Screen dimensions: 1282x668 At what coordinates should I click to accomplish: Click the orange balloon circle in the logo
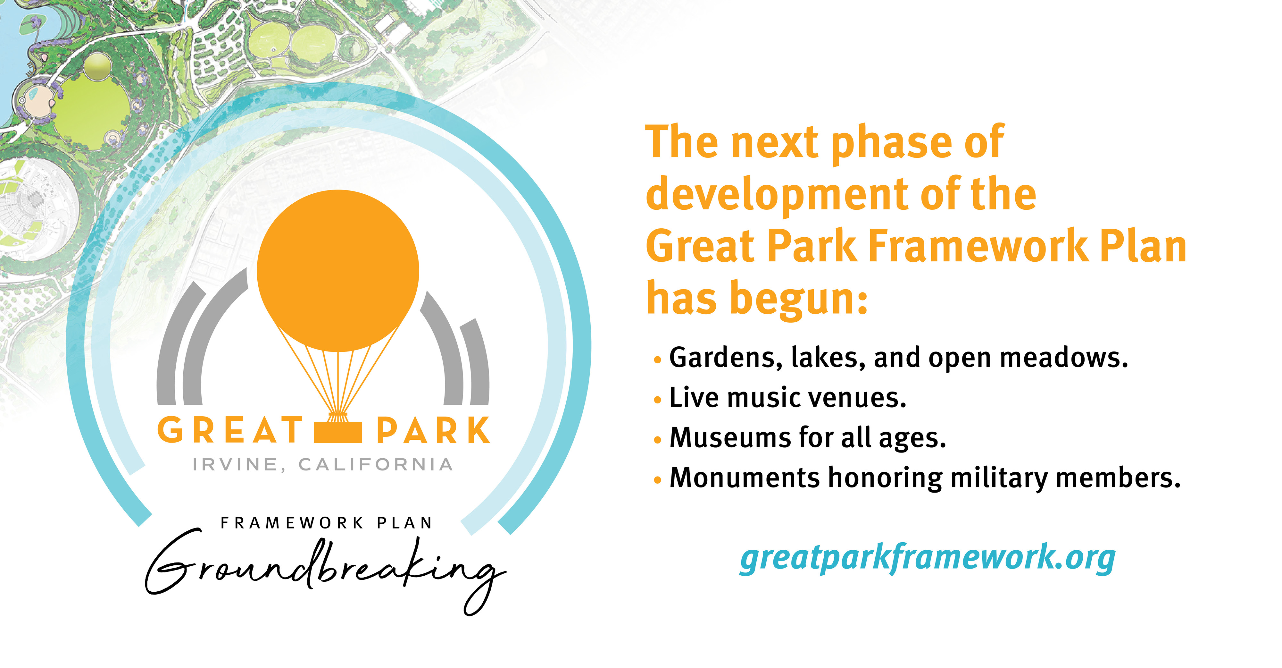tap(338, 270)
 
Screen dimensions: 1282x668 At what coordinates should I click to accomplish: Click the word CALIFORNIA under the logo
tap(376, 464)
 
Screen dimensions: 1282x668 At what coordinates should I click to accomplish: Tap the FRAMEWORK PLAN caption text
tap(327, 523)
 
